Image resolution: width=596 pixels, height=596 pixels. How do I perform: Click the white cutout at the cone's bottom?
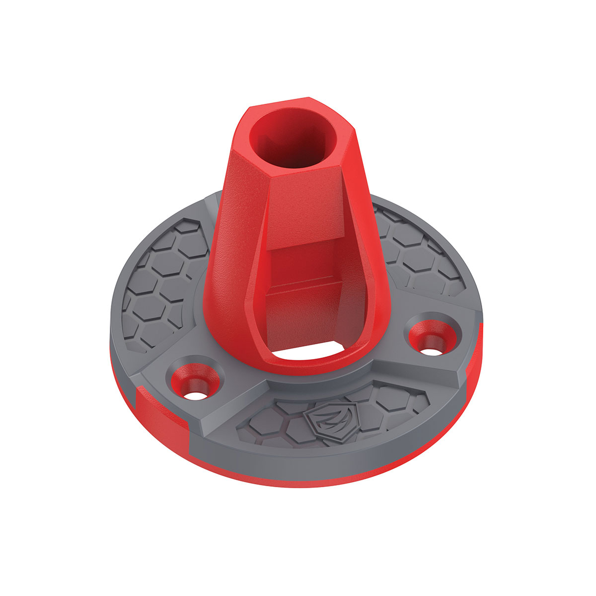(x=304, y=352)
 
